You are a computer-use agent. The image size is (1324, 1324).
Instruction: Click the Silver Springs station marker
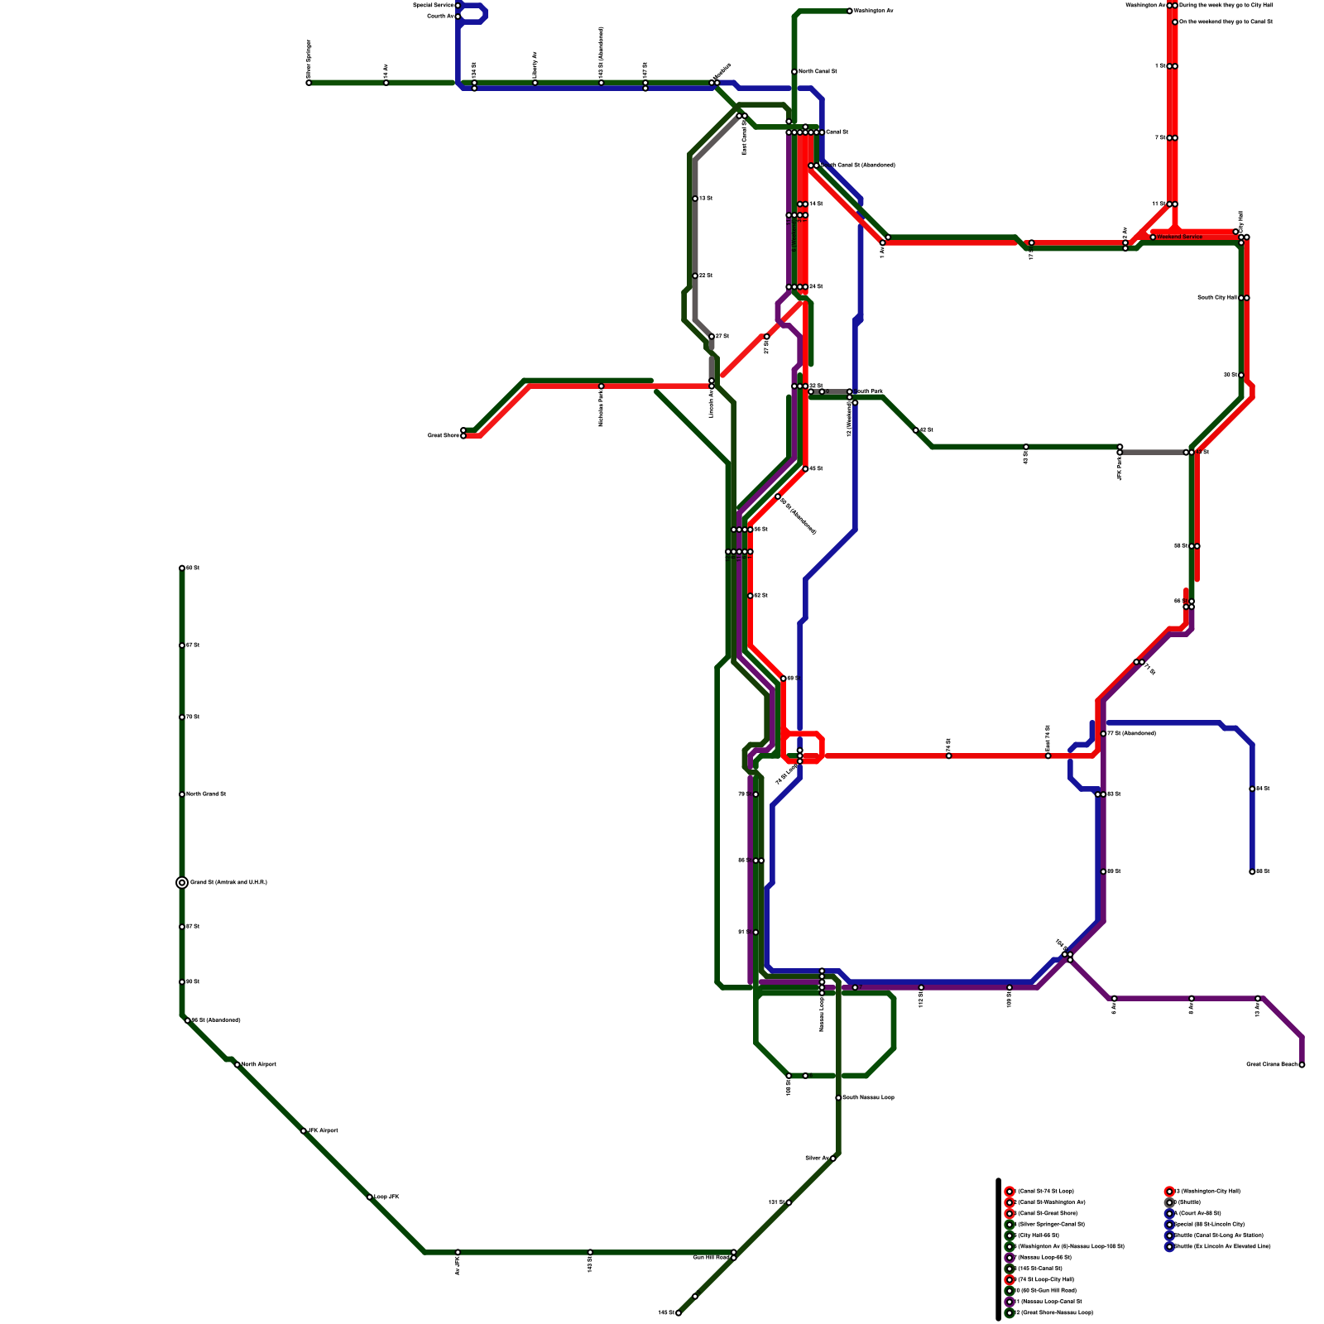(309, 83)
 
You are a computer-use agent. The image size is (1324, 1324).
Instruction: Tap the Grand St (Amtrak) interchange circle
(182, 883)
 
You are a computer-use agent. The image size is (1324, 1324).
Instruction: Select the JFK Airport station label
(324, 1130)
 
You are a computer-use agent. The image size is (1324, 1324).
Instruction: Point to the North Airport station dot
(237, 1065)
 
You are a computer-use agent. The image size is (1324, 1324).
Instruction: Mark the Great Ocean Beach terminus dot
(1302, 1065)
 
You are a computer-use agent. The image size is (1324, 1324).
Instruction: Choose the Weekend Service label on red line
(1180, 237)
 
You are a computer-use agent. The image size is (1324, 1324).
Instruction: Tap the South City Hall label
(1216, 297)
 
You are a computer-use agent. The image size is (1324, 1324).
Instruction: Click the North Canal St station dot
(794, 72)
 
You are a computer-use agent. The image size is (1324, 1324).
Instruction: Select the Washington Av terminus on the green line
(850, 11)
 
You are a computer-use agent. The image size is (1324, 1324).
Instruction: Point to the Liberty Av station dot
(535, 83)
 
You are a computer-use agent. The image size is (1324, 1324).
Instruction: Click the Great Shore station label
(443, 435)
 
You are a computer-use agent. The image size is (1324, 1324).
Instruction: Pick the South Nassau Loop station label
(868, 1097)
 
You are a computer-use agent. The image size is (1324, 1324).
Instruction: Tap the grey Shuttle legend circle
(1169, 1202)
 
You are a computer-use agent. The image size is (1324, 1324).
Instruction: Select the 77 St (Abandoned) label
(1131, 733)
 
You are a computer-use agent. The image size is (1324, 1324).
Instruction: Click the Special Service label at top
(434, 5)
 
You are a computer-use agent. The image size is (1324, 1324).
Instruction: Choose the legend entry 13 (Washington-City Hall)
(1208, 1191)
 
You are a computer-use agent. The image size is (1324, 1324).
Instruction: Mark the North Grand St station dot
(182, 794)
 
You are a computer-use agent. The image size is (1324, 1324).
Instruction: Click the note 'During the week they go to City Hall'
(1226, 5)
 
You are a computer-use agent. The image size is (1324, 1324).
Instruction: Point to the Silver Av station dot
(833, 1158)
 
